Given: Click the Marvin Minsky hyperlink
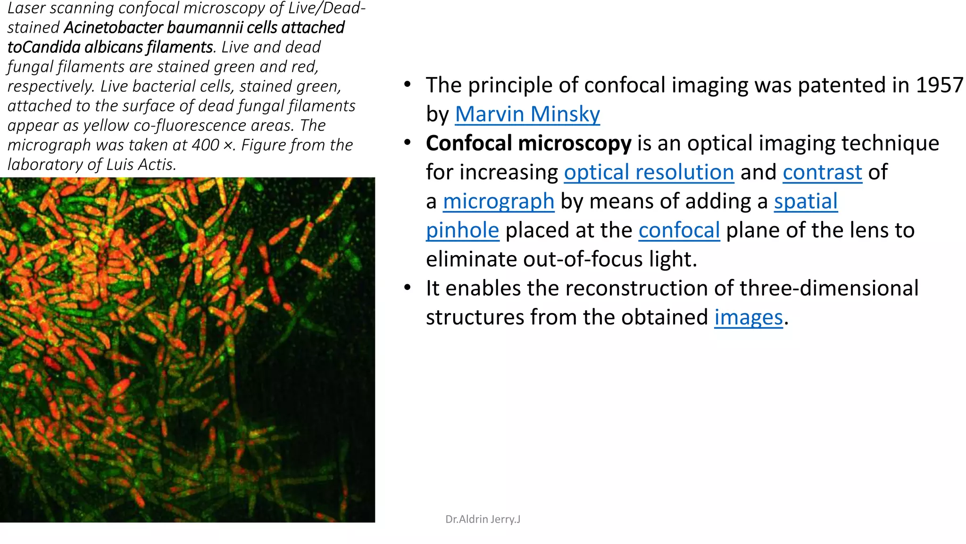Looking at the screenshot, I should pyautogui.click(x=527, y=114).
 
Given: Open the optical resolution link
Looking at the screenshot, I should pyautogui.click(x=649, y=172).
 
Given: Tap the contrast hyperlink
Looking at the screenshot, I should pyautogui.click(x=822, y=172).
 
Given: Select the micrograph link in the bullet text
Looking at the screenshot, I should pyautogui.click(x=498, y=201).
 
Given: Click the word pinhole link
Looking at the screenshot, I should pyautogui.click(x=462, y=230).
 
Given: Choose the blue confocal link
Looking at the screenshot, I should pyautogui.click(x=679, y=230).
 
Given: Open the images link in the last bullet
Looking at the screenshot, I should pyautogui.click(x=748, y=317).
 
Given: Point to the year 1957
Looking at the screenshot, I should pyautogui.click(x=939, y=85).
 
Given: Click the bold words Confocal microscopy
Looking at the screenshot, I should pyautogui.click(x=528, y=143).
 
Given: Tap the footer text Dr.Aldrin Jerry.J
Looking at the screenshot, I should pyautogui.click(x=483, y=519).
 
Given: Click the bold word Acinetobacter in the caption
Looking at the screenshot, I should pyautogui.click(x=113, y=28).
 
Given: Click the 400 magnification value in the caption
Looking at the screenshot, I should pyautogui.click(x=205, y=145).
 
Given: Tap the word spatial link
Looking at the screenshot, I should pyautogui.click(x=806, y=201).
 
